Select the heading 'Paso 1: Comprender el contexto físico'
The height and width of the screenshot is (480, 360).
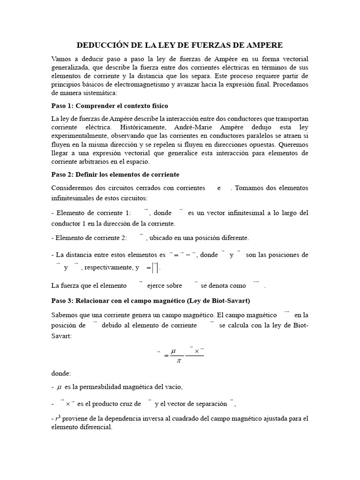109,105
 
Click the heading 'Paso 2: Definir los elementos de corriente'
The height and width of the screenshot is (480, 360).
115,174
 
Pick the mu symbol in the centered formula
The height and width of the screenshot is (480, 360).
174,350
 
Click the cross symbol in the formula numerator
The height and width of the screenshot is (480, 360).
196,350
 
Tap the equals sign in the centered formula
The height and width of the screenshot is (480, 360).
166,355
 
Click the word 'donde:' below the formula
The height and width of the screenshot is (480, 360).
61,375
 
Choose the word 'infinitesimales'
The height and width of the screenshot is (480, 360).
75,197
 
